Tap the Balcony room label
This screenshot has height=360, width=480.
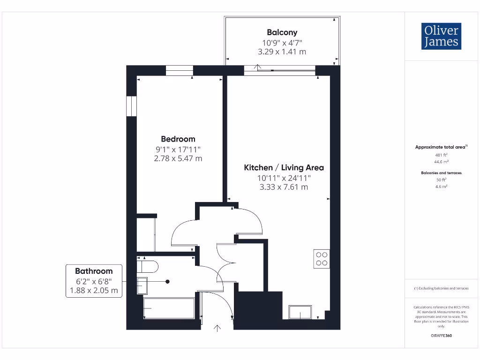tap(282, 32)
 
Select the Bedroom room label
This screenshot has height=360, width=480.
tap(178, 139)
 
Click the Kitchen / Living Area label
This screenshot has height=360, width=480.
tap(284, 167)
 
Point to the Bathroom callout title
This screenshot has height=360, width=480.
tap(94, 271)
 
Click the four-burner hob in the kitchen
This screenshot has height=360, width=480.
tap(322, 259)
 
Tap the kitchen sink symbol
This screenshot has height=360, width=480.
tap(300, 312)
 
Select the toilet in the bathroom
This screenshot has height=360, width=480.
tap(147, 266)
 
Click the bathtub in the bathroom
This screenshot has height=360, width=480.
tap(169, 308)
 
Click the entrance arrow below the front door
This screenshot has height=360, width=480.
tap(217, 329)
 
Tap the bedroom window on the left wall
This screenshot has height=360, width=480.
tap(131, 106)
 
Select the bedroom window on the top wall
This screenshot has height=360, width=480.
tap(179, 70)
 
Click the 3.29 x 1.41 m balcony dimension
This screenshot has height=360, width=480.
tap(282, 52)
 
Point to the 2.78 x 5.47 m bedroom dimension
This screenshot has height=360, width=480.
tap(178, 158)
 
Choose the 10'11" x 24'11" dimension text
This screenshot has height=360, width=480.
tap(284, 178)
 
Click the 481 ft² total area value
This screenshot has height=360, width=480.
tap(441, 154)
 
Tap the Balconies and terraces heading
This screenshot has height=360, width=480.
tap(441, 173)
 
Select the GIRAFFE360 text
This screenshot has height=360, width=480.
tap(441, 336)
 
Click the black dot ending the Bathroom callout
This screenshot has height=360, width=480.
tap(167, 281)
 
